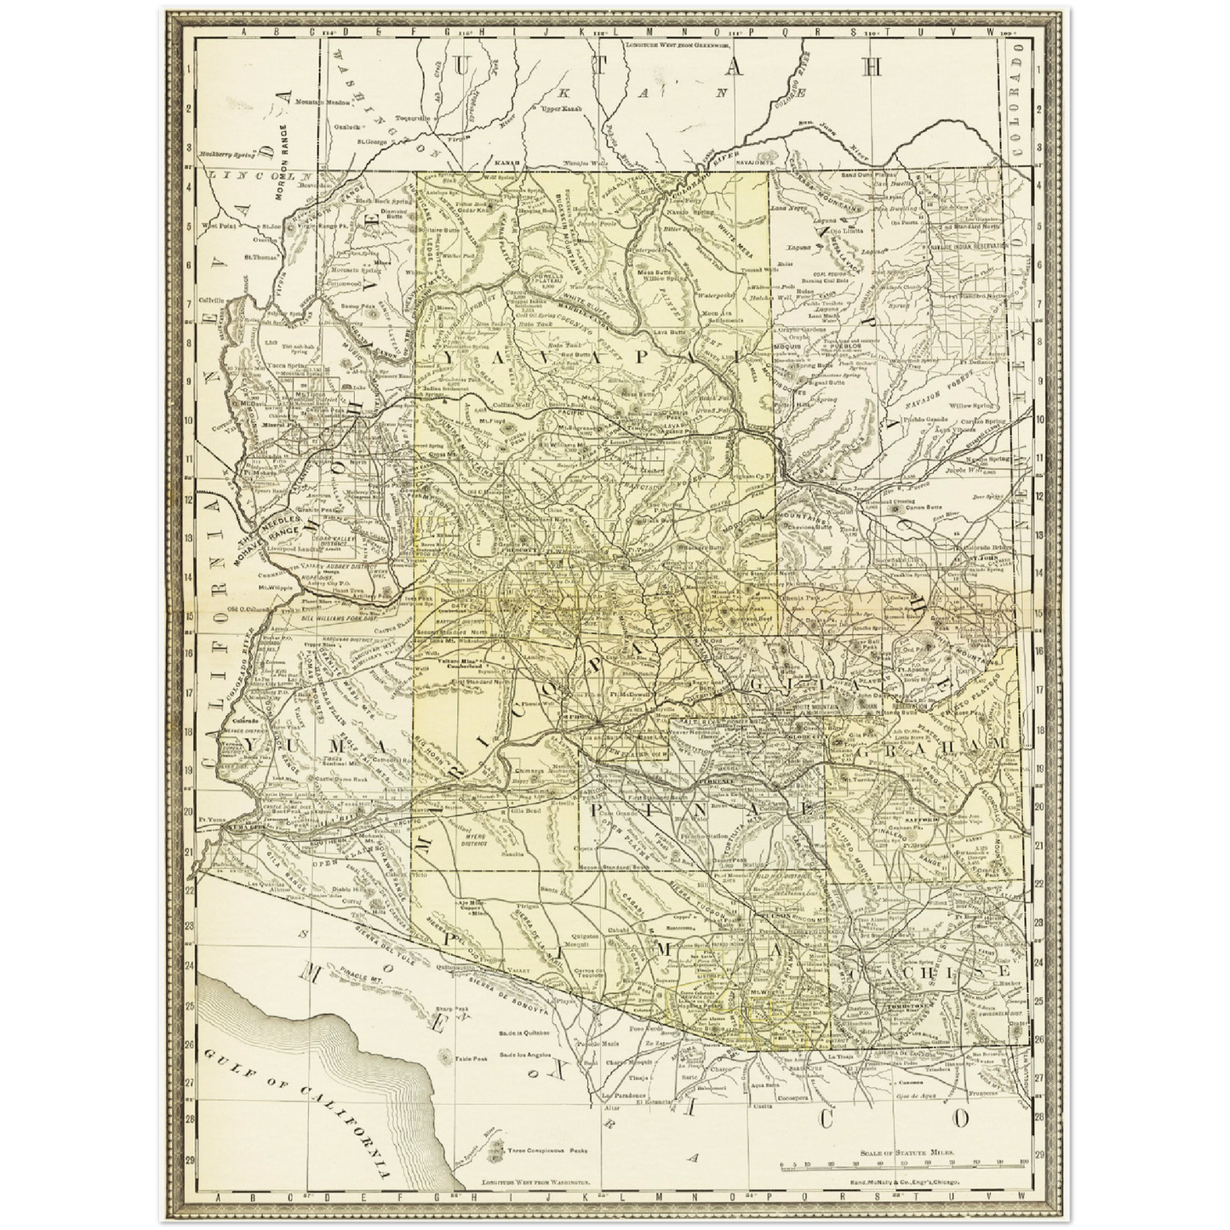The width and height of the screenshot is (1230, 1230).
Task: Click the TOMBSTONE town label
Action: point(911,1004)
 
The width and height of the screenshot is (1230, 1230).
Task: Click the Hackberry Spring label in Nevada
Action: point(226,155)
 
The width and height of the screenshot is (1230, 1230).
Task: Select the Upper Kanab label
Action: point(555,109)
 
